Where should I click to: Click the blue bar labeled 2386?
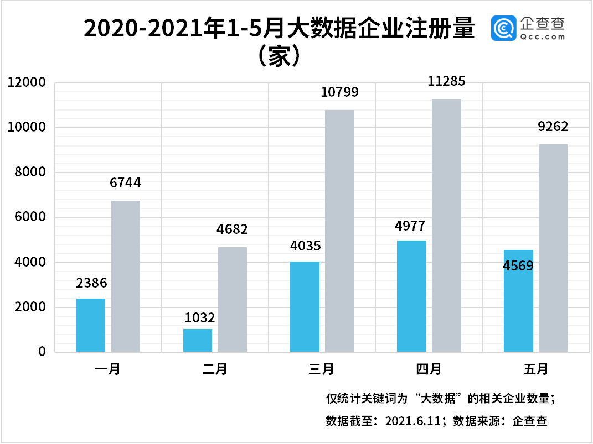pyautogui.click(x=91, y=325)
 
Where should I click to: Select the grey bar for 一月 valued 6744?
pyautogui.click(x=126, y=276)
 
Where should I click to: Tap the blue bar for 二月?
pyautogui.click(x=198, y=341)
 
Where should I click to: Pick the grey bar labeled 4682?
pyautogui.click(x=233, y=299)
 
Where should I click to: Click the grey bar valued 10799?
pyautogui.click(x=339, y=231)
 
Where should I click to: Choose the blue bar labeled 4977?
pyautogui.click(x=412, y=296)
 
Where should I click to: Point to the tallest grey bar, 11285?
pyautogui.click(x=446, y=225)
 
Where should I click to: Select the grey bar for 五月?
pyautogui.click(x=553, y=248)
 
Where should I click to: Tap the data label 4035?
pyautogui.click(x=305, y=245)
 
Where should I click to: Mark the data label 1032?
pyautogui.click(x=198, y=318)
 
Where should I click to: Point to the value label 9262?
pyautogui.click(x=553, y=128)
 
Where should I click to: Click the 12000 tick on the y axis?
pyautogui.click(x=26, y=83)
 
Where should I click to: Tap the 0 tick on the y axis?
pyautogui.click(x=42, y=352)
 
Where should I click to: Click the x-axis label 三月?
pyautogui.click(x=322, y=369)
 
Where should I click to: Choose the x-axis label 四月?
pyautogui.click(x=429, y=369)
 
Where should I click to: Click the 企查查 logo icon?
pyautogui.click(x=503, y=28)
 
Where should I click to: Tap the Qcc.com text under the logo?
pyautogui.click(x=543, y=37)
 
